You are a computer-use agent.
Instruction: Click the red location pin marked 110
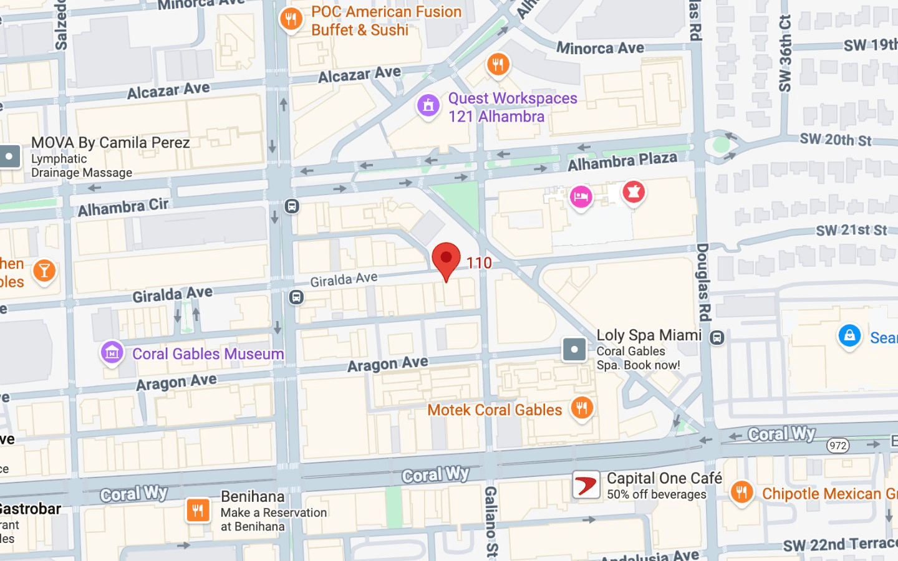click(446, 259)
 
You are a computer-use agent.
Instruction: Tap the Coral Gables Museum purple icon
click(112, 353)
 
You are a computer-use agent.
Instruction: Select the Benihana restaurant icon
click(198, 510)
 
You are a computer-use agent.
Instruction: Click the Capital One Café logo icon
click(586, 485)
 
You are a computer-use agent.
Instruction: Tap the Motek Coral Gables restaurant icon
click(581, 408)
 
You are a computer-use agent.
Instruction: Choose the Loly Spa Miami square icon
click(574, 350)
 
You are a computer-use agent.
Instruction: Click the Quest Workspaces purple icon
click(428, 106)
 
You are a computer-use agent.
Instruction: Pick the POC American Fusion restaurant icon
click(291, 19)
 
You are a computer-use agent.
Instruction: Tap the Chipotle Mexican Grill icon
click(741, 492)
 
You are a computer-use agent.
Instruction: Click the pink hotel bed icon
click(581, 198)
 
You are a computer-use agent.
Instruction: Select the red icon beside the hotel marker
click(633, 192)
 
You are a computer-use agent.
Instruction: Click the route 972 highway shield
click(838, 445)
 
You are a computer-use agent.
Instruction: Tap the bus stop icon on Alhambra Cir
click(291, 206)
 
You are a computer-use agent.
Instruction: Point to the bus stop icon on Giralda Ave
click(296, 297)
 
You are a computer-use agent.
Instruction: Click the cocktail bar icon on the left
click(44, 271)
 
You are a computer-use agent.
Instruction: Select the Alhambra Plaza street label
click(622, 161)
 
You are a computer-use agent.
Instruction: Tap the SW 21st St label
click(851, 230)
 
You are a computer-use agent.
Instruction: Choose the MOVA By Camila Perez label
click(110, 143)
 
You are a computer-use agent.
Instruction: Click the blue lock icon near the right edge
click(849, 335)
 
